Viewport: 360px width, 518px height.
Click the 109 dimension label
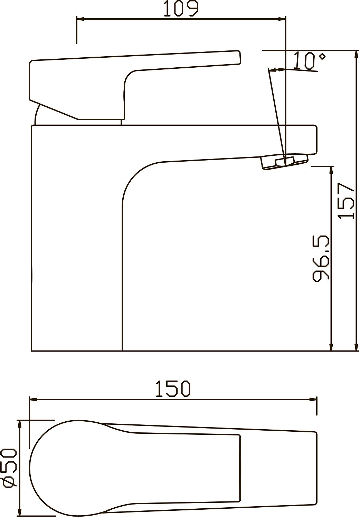pyautogui.click(x=181, y=9)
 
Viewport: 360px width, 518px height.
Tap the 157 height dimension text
pyautogui.click(x=346, y=201)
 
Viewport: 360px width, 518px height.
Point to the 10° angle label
pyautogui.click(x=310, y=60)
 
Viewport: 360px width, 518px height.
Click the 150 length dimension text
pyautogui.click(x=173, y=388)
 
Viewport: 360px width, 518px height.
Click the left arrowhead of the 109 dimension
pyautogui.click(x=80, y=19)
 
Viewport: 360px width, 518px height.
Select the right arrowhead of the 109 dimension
pyautogui.click(x=282, y=19)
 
